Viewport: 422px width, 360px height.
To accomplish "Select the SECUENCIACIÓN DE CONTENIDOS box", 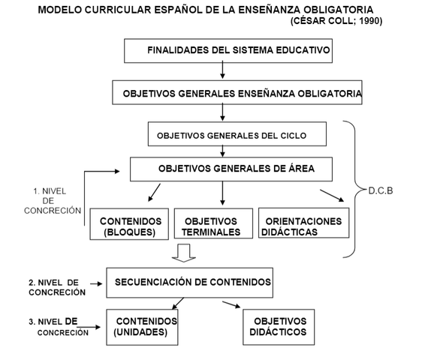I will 189,283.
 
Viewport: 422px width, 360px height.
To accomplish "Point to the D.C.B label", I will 380,190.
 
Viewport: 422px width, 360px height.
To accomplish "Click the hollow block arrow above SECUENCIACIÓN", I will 185,253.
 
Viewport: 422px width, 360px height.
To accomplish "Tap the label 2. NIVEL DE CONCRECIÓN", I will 53,287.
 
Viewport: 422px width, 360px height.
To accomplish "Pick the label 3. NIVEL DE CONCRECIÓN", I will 53,325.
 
